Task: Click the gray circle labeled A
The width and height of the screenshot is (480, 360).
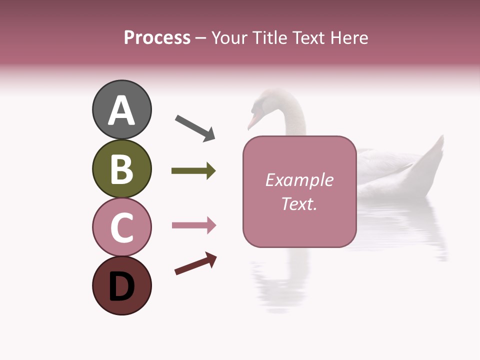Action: click(x=121, y=109)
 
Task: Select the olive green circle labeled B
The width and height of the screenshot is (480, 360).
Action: click(x=121, y=168)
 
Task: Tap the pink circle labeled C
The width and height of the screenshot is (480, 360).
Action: click(x=121, y=227)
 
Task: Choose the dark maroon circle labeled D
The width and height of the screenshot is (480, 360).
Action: click(x=121, y=285)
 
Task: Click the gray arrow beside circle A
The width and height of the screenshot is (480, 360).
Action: click(x=195, y=128)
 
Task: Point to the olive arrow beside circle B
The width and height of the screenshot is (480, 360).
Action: click(x=193, y=171)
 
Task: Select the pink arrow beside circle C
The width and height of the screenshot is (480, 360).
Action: click(x=193, y=225)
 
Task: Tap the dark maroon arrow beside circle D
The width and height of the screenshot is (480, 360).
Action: click(x=195, y=264)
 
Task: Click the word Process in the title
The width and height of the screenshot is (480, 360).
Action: click(x=157, y=37)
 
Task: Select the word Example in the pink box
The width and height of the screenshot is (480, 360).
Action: click(x=299, y=180)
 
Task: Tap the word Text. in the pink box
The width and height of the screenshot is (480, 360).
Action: click(x=299, y=203)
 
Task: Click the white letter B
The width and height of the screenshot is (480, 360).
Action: click(x=121, y=169)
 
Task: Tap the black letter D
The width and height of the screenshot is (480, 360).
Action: click(x=121, y=286)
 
